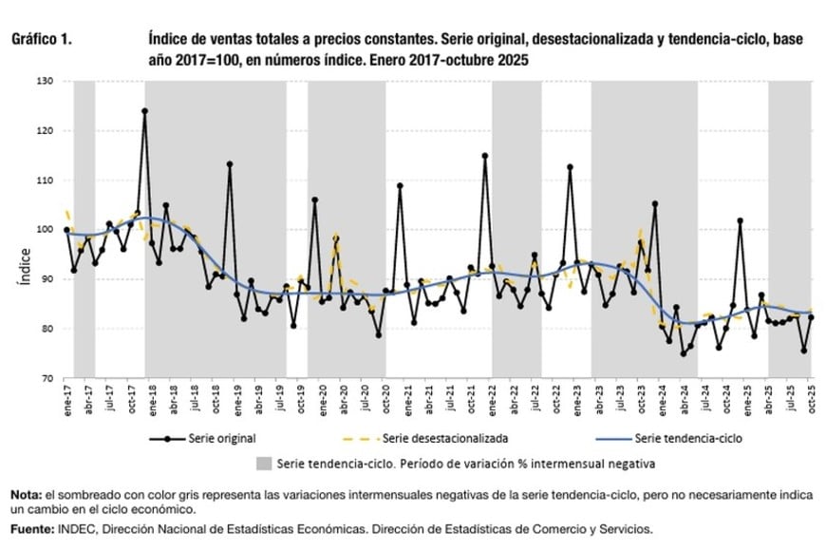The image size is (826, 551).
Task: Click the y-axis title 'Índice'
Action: click(26, 267)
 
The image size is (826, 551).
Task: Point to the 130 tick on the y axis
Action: click(45, 81)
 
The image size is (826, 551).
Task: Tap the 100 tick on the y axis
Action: click(45, 230)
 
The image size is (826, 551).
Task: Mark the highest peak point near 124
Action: click(144, 111)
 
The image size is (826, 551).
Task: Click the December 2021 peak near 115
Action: click(485, 156)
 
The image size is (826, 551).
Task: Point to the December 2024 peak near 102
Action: click(740, 220)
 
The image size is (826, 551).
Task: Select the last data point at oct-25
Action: click(811, 317)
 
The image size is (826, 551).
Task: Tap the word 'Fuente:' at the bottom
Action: click(32, 528)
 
